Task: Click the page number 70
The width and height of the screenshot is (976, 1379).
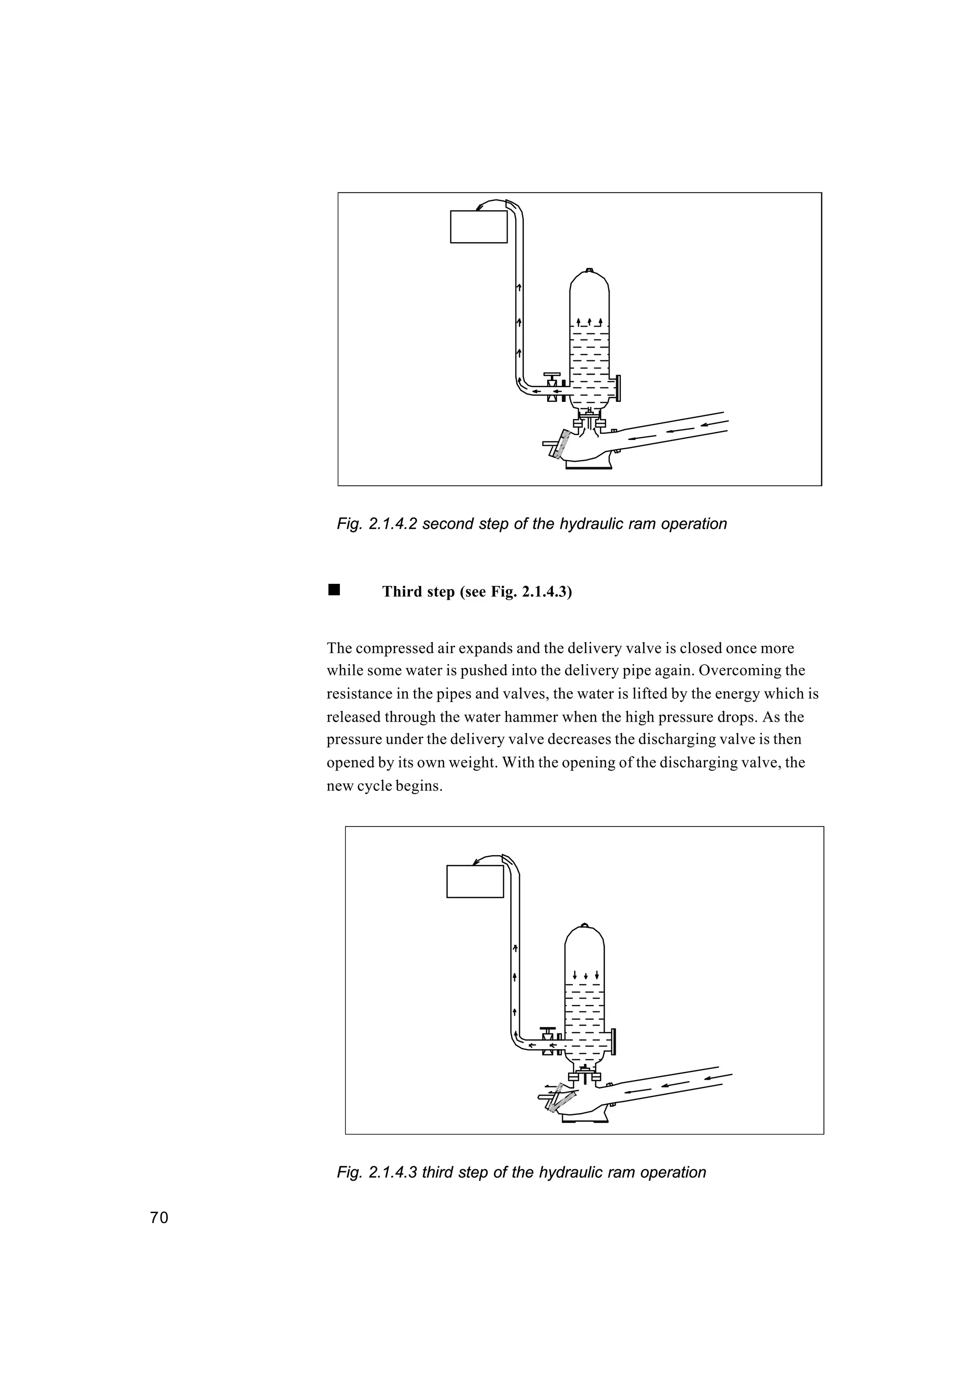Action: pos(159,1218)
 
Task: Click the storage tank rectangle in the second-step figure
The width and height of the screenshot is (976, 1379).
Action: pos(478,226)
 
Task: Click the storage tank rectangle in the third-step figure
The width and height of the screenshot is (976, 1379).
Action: pos(475,881)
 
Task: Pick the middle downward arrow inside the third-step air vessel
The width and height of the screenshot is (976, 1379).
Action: pos(585,974)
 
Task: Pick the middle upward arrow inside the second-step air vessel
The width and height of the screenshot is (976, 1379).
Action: pos(590,321)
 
